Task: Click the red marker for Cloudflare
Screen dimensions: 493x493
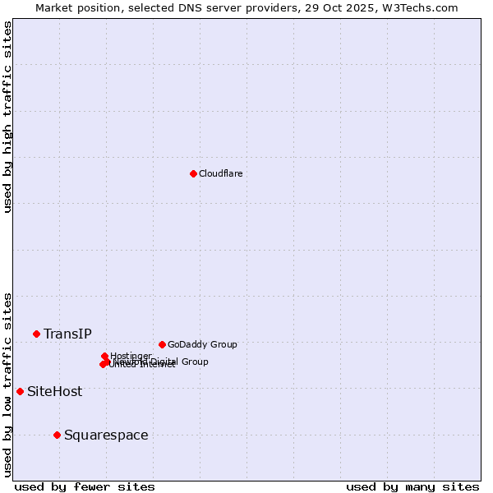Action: click(x=193, y=173)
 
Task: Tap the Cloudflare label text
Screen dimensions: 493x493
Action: click(x=220, y=173)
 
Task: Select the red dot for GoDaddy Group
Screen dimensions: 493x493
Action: click(x=162, y=344)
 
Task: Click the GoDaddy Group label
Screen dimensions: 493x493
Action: click(x=202, y=344)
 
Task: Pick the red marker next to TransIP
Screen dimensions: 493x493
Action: click(x=36, y=334)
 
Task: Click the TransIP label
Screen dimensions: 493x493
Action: click(x=67, y=334)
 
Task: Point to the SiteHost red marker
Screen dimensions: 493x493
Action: click(x=20, y=391)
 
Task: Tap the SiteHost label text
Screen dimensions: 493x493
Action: click(x=54, y=391)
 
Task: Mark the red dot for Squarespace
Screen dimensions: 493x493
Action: click(x=57, y=435)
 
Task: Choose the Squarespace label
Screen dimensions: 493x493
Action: click(x=106, y=435)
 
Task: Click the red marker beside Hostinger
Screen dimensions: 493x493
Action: click(x=104, y=356)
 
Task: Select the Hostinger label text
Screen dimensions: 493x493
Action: click(x=131, y=356)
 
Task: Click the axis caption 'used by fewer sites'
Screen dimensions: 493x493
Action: click(x=85, y=486)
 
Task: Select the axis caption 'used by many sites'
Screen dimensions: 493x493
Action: click(x=412, y=486)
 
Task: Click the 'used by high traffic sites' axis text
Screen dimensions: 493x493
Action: click(x=7, y=117)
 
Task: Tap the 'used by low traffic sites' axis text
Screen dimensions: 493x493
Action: click(x=7, y=384)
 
